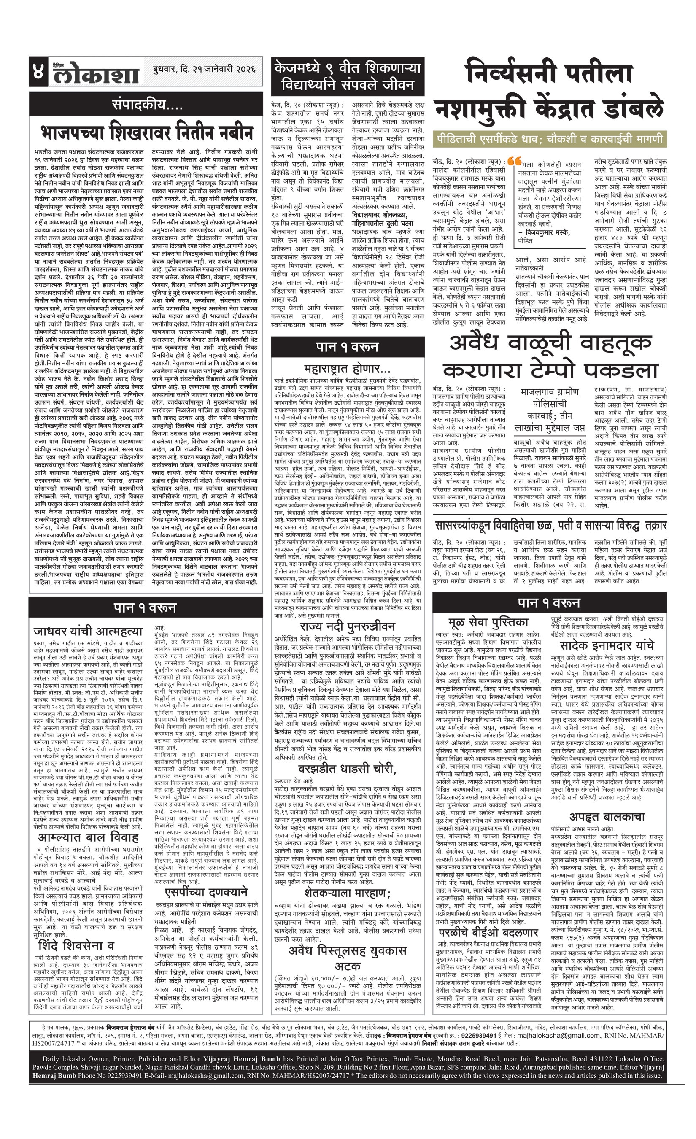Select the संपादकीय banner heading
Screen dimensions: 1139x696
click(x=145, y=104)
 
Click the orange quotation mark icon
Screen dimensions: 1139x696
click(x=513, y=161)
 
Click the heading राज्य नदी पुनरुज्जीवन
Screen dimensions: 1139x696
click(x=347, y=626)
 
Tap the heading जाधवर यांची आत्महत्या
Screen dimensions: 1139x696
click(x=88, y=631)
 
